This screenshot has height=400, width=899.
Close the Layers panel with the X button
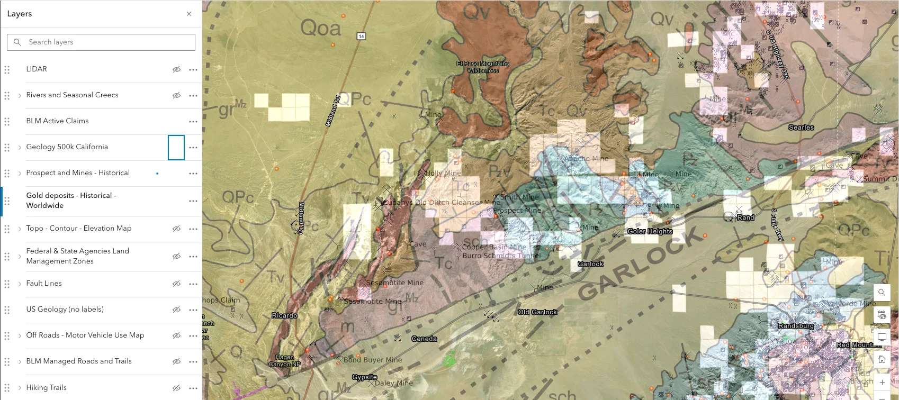pos(189,14)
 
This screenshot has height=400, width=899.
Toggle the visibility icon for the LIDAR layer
pos(176,69)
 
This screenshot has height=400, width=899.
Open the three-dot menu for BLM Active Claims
pos(193,121)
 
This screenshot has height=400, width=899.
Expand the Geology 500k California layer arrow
pos(20,147)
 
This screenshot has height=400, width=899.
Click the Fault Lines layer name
pos(44,284)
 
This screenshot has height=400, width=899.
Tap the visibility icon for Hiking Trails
pos(176,388)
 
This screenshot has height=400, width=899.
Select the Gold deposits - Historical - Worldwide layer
pos(71,201)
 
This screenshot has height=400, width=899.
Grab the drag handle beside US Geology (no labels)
pos(7,310)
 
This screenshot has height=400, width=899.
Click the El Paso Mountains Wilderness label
pos(483,67)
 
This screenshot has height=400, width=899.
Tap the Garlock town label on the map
pos(590,263)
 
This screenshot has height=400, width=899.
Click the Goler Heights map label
pos(650,231)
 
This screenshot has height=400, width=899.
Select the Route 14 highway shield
pos(361,36)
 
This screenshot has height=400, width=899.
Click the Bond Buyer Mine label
pos(373,360)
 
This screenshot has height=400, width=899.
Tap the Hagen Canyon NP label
pos(284,361)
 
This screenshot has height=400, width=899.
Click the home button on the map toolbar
pos(882,359)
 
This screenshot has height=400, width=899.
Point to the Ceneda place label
pos(424,339)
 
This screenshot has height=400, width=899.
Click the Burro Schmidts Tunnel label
pos(501,256)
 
